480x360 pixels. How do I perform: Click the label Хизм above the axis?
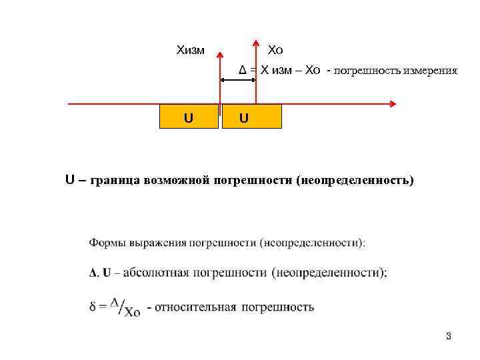point(190,50)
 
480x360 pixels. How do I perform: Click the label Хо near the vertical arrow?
point(275,50)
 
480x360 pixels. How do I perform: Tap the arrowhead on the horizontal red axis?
point(393,104)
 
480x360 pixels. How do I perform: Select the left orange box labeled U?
point(189,117)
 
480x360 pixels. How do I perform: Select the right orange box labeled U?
point(253,117)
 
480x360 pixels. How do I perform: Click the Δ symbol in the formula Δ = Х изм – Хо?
point(243,71)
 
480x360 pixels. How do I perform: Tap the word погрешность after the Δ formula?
point(362,71)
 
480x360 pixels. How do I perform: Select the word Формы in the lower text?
point(107,243)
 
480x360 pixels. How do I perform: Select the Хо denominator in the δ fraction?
point(132,312)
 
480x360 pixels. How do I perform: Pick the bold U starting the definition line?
point(69,180)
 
